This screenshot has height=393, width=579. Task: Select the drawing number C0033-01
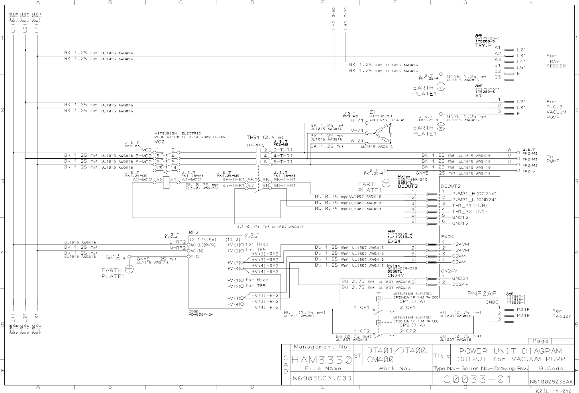coord(477,379)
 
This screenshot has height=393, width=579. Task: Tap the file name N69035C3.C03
coord(322,378)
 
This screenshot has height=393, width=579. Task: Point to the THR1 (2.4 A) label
coord(264,138)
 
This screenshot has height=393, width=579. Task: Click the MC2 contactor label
coord(159,141)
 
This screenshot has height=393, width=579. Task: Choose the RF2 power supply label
coord(194,232)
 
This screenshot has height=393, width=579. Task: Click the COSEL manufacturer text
coord(195,311)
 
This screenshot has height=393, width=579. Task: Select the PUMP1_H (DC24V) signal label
coord(474,193)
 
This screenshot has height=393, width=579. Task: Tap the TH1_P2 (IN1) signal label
coord(469,211)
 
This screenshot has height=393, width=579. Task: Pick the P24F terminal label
coord(523,309)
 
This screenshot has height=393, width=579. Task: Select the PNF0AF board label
coord(481,293)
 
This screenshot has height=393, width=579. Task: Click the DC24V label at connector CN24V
coord(460,284)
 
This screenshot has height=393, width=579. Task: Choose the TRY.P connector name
coord(483,45)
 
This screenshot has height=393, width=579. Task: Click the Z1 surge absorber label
coord(373,112)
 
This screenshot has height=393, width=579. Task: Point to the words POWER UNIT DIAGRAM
coord(510,351)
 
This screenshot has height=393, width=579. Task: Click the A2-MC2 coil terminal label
coord(142,180)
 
